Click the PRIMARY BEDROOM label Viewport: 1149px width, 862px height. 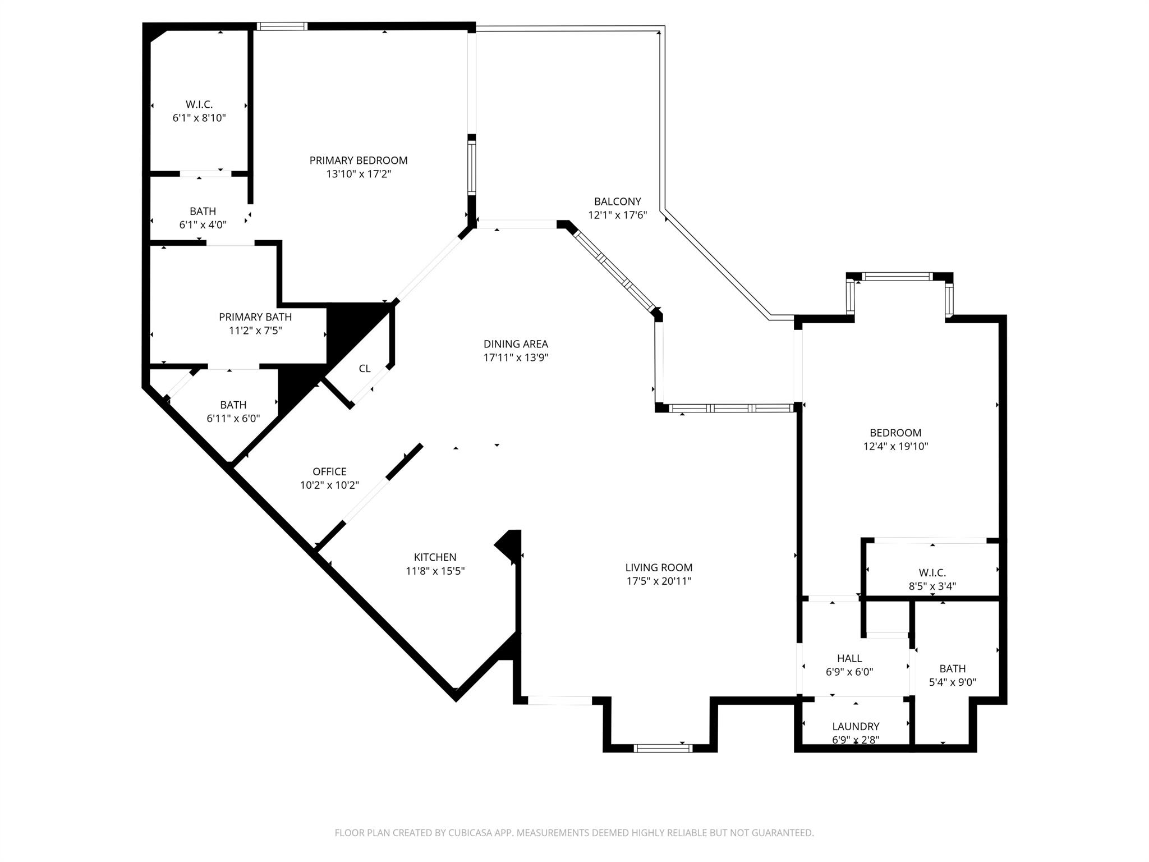(359, 161)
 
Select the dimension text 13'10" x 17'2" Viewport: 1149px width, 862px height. (359, 174)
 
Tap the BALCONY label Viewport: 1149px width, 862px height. (617, 201)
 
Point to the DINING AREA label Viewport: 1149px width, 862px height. (516, 344)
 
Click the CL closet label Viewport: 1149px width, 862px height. (365, 369)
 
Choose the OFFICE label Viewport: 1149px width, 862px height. (329, 471)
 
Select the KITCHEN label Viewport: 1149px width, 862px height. (435, 557)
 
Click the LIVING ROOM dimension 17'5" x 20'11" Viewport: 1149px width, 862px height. (659, 581)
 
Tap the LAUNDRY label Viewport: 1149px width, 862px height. (856, 726)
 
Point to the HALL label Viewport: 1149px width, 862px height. (849, 658)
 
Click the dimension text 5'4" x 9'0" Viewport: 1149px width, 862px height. (953, 682)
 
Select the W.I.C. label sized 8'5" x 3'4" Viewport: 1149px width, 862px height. (932, 573)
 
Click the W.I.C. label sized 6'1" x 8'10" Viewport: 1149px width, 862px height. (199, 104)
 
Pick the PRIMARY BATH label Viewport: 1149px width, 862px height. (255, 317)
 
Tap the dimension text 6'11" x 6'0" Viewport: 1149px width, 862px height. (233, 418)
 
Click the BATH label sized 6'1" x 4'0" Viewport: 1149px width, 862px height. (203, 212)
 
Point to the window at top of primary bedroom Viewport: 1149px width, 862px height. (282, 26)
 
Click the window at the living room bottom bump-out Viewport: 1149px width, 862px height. (663, 748)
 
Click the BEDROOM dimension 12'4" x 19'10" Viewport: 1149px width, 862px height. (895, 446)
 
